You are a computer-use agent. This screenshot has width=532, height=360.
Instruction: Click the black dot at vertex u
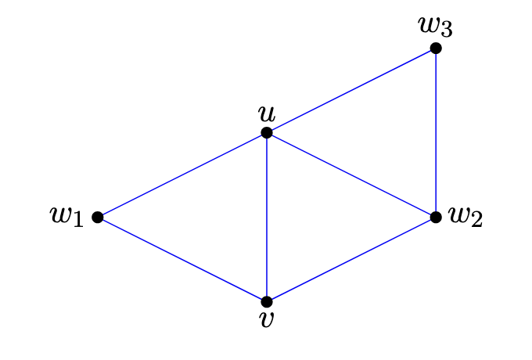(267, 133)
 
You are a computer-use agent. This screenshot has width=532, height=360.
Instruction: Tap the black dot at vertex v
(267, 301)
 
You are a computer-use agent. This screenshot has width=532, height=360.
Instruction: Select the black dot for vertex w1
(98, 217)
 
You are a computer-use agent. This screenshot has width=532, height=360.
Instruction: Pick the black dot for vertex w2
(436, 217)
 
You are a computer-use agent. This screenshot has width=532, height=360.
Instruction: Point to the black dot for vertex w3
(436, 49)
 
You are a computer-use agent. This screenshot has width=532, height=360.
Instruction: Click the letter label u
(267, 113)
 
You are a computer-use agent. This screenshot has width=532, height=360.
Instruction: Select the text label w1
(67, 216)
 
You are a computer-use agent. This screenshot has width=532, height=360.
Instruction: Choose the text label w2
(465, 216)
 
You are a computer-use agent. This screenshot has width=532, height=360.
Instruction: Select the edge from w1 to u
(182, 175)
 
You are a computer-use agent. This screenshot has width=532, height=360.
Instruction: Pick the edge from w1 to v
(182, 259)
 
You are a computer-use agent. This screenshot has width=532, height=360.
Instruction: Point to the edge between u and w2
(351, 175)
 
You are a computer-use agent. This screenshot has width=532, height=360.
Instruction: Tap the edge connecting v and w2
(351, 259)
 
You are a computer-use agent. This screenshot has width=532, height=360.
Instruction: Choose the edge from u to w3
(351, 91)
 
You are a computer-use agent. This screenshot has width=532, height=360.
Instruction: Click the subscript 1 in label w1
(78, 220)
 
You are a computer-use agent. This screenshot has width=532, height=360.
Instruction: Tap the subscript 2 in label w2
(476, 220)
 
